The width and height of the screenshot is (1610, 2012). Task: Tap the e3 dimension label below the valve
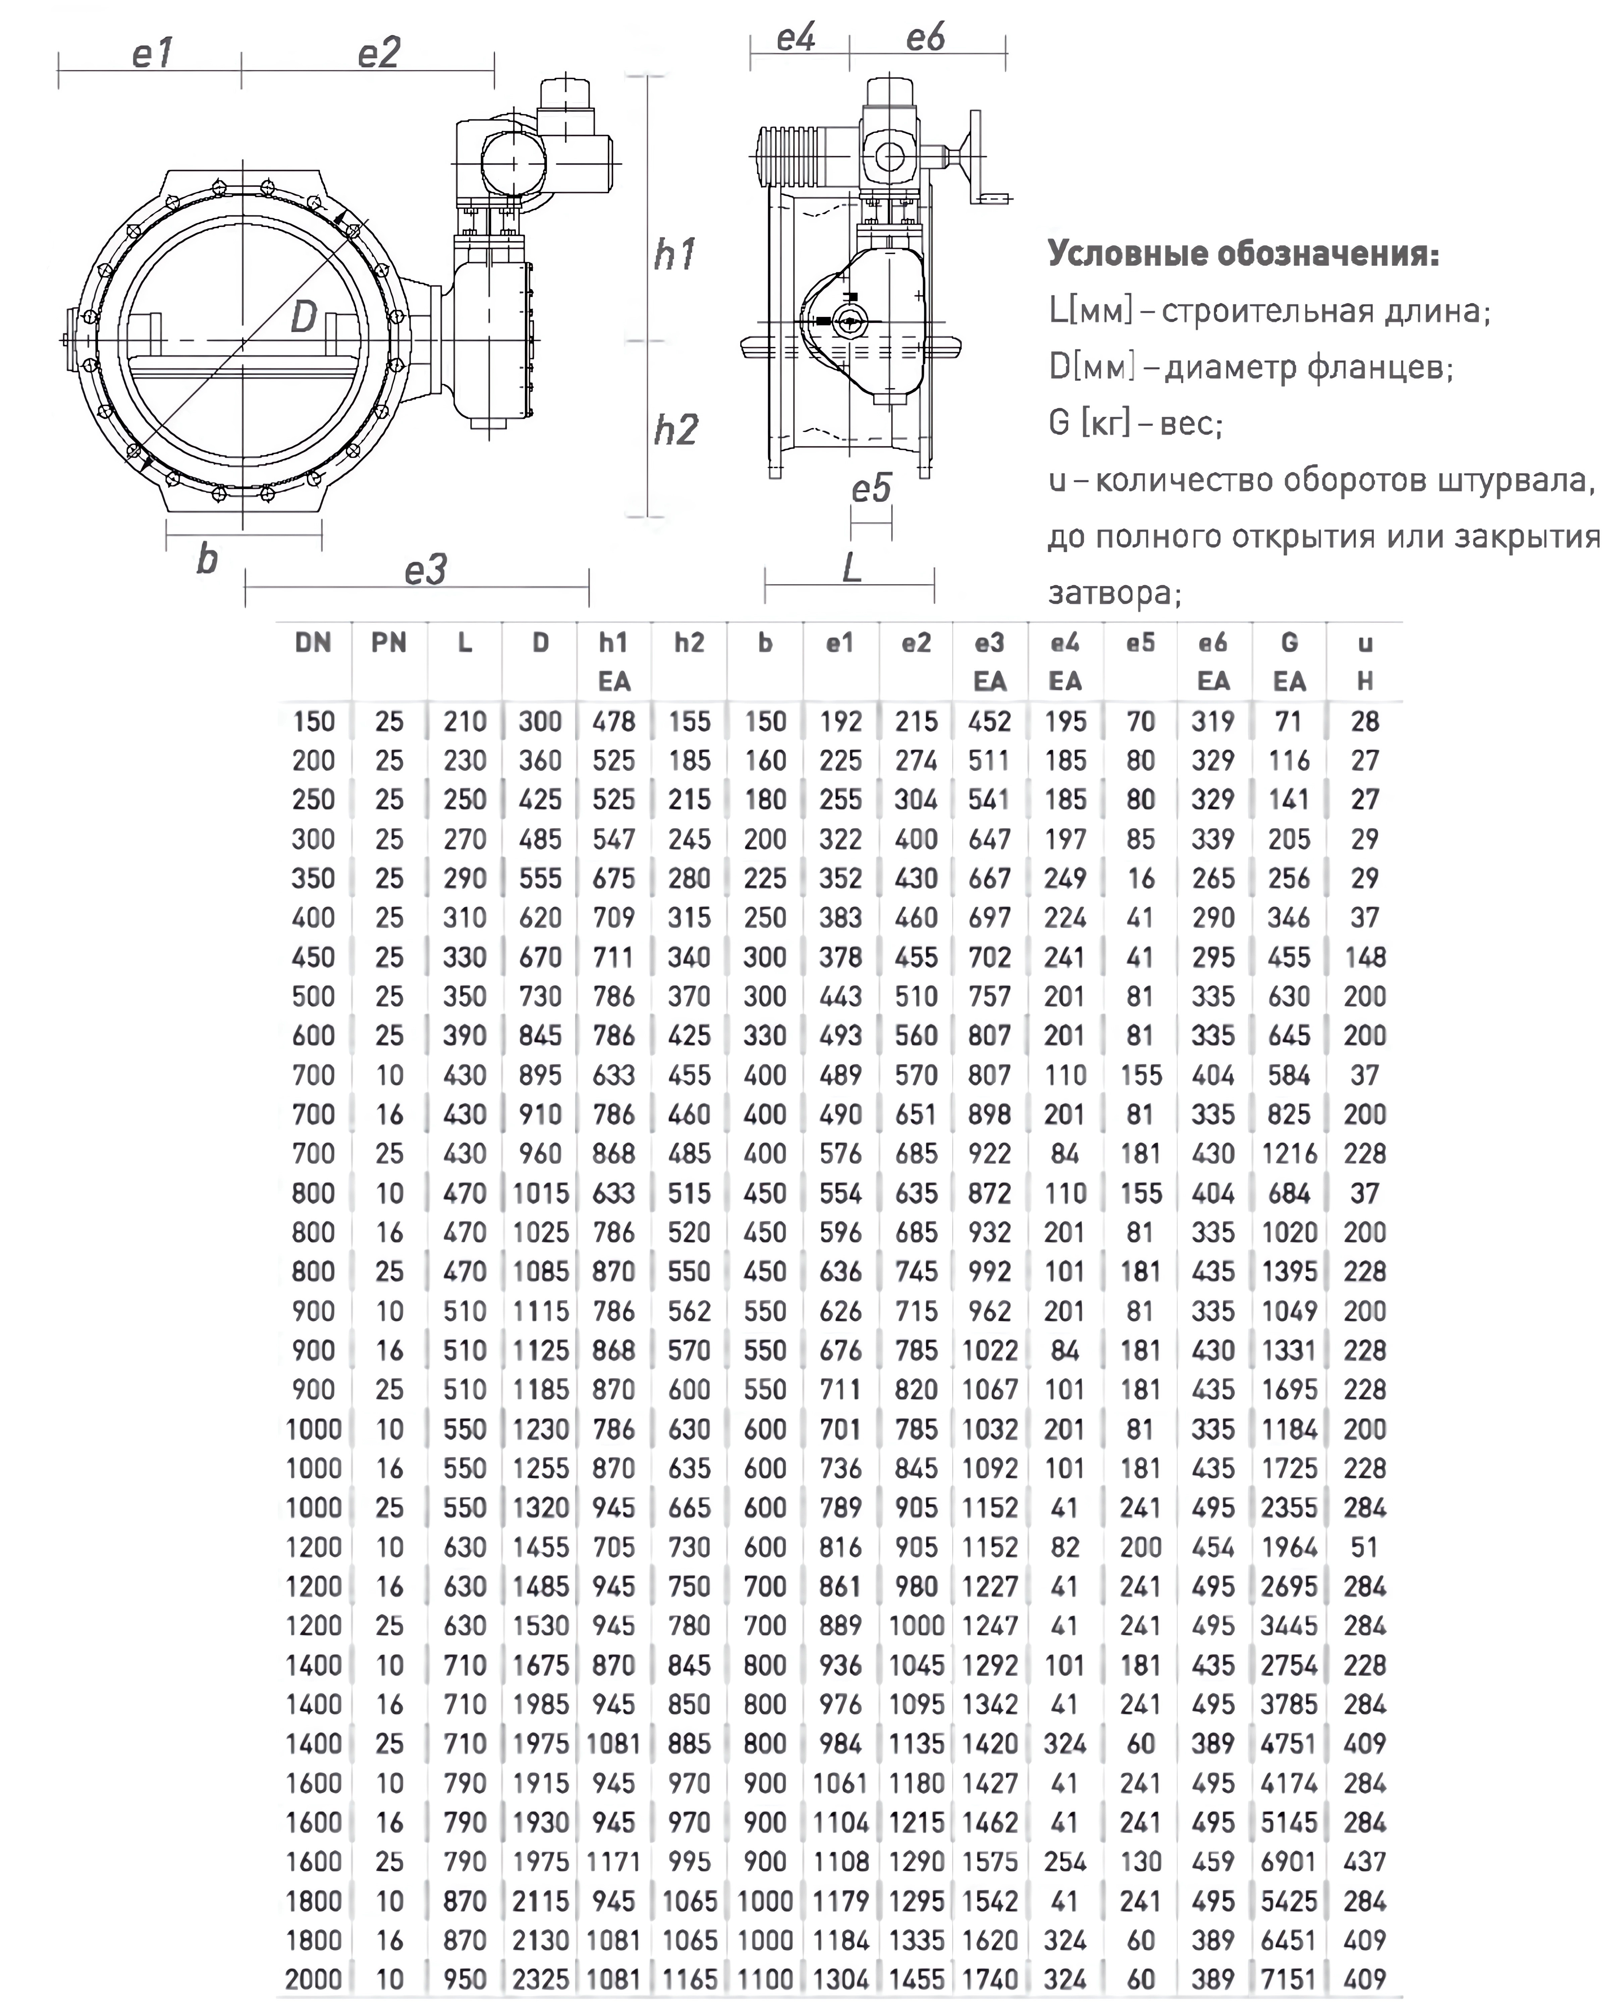[425, 569]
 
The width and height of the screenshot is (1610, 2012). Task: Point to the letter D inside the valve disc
[303, 318]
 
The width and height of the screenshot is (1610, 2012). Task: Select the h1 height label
[674, 255]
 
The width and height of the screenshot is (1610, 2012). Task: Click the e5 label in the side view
[871, 488]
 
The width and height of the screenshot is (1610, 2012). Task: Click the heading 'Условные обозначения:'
[1242, 254]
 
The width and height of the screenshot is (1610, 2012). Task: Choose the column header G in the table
[1289, 643]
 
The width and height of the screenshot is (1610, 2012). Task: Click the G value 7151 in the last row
[1289, 1978]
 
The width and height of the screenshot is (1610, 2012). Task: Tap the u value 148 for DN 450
[1364, 957]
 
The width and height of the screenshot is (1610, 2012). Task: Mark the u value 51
[1364, 1547]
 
